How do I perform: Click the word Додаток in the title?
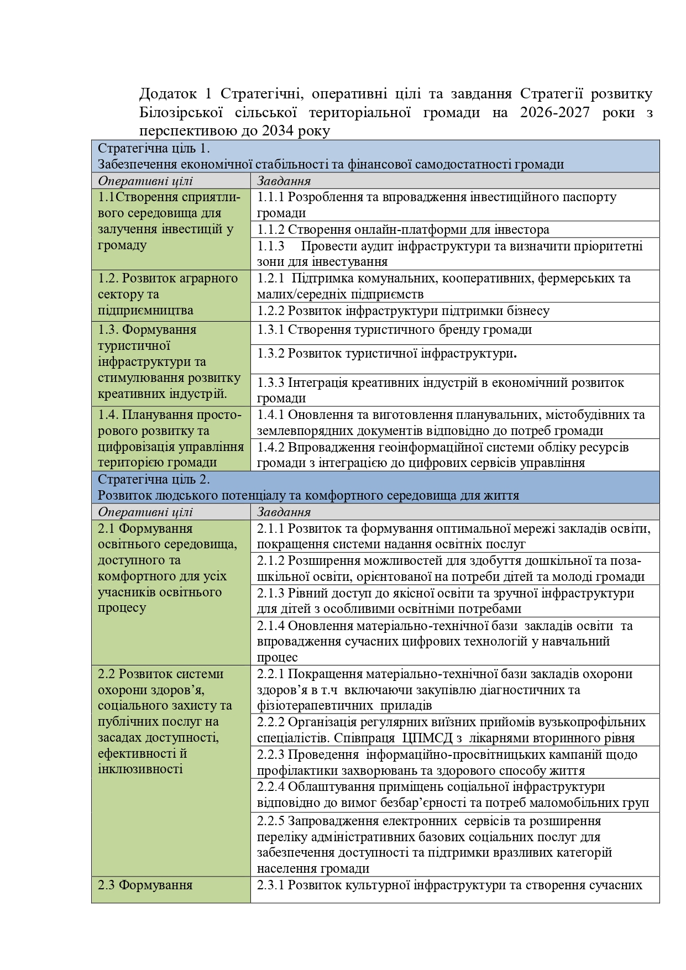(x=168, y=94)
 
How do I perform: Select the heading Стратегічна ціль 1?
(x=154, y=148)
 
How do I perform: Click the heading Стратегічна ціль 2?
(x=154, y=479)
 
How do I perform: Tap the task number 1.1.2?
(x=271, y=229)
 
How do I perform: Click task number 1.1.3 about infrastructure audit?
(x=271, y=245)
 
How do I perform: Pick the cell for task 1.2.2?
(x=455, y=311)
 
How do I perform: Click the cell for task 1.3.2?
(x=455, y=359)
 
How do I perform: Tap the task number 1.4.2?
(x=271, y=447)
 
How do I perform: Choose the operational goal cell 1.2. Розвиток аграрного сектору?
(x=171, y=295)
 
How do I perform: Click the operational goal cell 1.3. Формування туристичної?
(x=171, y=362)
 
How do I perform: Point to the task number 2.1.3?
(x=271, y=593)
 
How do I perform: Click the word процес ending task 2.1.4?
(x=277, y=657)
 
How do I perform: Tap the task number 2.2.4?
(x=271, y=787)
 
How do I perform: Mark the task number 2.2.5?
(x=271, y=821)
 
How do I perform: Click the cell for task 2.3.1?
(x=455, y=889)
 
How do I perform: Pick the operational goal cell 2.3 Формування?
(x=171, y=889)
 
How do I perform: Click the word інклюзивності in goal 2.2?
(x=140, y=769)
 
